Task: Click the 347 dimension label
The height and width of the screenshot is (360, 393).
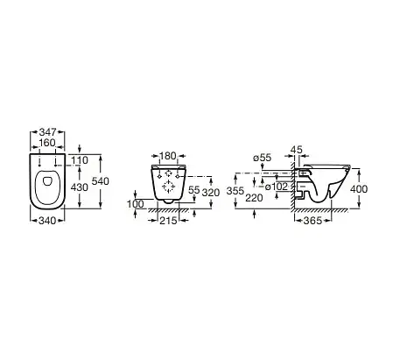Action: [x=47, y=132]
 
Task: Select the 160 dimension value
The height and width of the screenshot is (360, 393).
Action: [x=47, y=143]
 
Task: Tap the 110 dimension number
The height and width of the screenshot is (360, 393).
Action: [x=80, y=160]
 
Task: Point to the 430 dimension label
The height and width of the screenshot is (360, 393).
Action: [x=80, y=187]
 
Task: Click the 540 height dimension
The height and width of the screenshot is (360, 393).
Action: [x=101, y=181]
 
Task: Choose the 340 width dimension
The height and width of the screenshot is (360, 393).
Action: [x=47, y=221]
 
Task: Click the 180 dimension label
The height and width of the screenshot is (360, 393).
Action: [x=168, y=156]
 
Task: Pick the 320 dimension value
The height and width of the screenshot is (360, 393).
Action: [x=211, y=193]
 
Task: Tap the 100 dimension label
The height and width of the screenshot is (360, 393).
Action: [x=135, y=204]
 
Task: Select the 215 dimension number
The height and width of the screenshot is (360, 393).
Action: [x=168, y=221]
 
